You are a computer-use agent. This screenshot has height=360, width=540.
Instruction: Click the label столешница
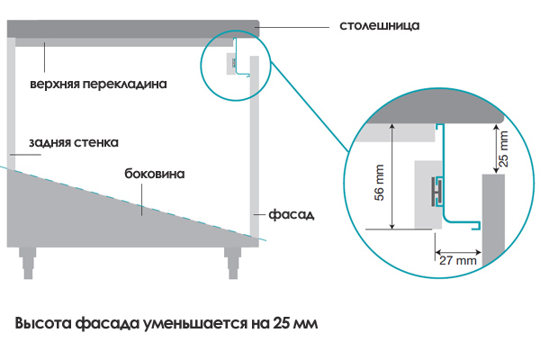coord(380,26)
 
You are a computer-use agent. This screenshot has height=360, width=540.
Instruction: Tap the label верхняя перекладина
coord(98,84)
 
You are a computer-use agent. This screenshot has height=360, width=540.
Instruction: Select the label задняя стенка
coord(74,142)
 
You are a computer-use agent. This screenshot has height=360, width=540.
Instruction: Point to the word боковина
coord(155,174)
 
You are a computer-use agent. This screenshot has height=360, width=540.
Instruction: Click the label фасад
coord(292,215)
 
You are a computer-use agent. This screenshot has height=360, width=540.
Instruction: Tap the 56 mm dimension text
coord(379,183)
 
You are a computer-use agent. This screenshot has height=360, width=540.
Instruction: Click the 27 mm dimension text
coord(458,260)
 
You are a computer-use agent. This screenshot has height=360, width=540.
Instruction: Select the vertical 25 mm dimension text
coord(503,148)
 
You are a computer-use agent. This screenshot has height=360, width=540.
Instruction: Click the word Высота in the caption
coord(43,323)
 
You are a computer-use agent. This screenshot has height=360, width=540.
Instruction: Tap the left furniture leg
coord(28,263)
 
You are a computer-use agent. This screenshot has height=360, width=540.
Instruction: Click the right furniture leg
coord(232,263)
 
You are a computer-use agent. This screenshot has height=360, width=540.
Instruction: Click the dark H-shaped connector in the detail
coord(437,193)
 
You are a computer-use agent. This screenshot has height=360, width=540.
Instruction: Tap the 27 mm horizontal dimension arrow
coord(458,252)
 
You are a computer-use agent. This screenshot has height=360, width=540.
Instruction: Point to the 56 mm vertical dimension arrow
coord(392,176)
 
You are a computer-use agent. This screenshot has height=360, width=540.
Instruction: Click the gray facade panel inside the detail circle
coord(493,220)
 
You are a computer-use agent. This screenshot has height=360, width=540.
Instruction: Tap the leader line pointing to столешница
coord(294,26)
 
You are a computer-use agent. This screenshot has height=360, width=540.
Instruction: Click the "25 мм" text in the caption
coord(295,323)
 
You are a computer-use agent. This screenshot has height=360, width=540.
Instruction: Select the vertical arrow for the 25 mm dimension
coord(496,148)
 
